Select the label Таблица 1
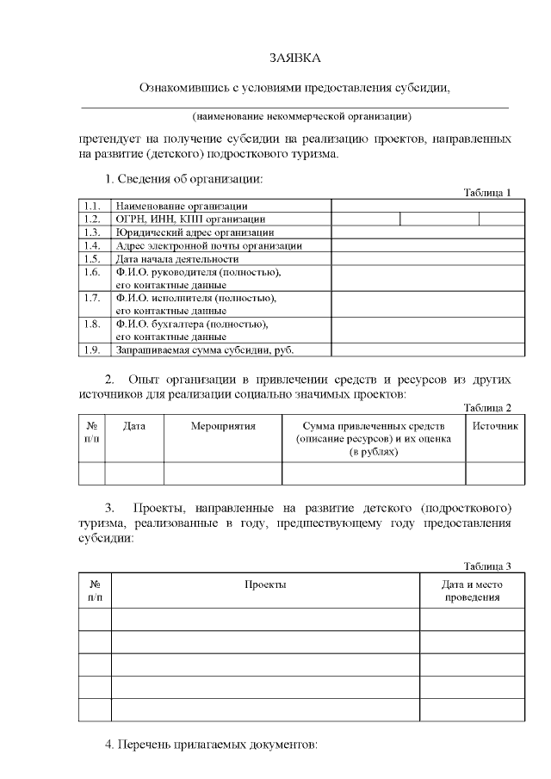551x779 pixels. coord(487,192)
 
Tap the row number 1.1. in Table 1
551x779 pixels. coord(93,206)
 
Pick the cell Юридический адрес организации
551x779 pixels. coord(195,232)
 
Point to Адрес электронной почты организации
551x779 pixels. coord(208,245)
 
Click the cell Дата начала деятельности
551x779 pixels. coord(176,258)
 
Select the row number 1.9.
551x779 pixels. coord(93,349)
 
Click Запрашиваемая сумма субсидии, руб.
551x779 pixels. coord(211,349)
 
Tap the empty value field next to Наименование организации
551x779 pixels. coord(428,206)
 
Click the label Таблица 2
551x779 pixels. coord(487,407)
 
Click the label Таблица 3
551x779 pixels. coord(487,566)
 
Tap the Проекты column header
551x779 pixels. coord(265,584)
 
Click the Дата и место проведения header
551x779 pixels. coord(473,590)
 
